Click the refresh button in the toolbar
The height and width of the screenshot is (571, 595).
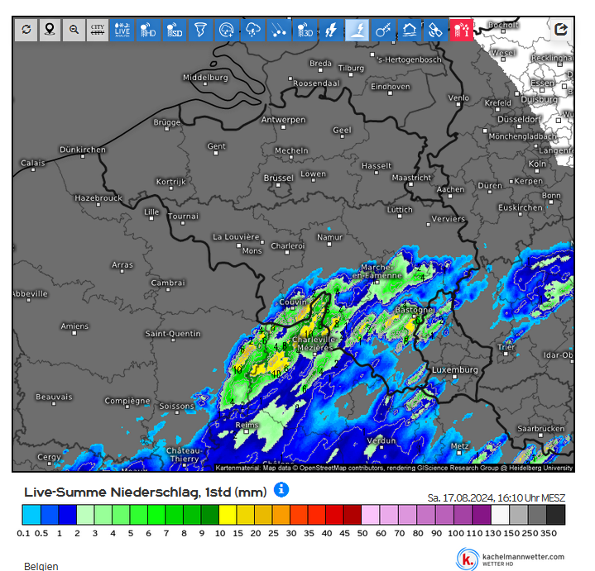26,30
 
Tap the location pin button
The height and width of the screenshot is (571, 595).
50,30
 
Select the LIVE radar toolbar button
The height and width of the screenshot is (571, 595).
123,30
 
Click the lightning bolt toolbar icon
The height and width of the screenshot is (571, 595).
332,30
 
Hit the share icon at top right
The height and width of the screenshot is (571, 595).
560,29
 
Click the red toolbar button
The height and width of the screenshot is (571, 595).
460,30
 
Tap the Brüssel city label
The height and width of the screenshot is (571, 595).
278,178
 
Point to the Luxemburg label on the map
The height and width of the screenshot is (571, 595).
455,369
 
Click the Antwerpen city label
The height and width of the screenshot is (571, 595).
283,120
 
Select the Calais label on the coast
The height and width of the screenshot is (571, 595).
33,164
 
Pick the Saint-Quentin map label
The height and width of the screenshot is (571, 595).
173,334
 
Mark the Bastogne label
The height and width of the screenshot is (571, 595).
413,310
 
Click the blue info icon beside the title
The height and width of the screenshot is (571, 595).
281,490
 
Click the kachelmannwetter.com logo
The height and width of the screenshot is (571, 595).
512,559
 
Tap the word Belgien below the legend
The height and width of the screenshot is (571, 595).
41,567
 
